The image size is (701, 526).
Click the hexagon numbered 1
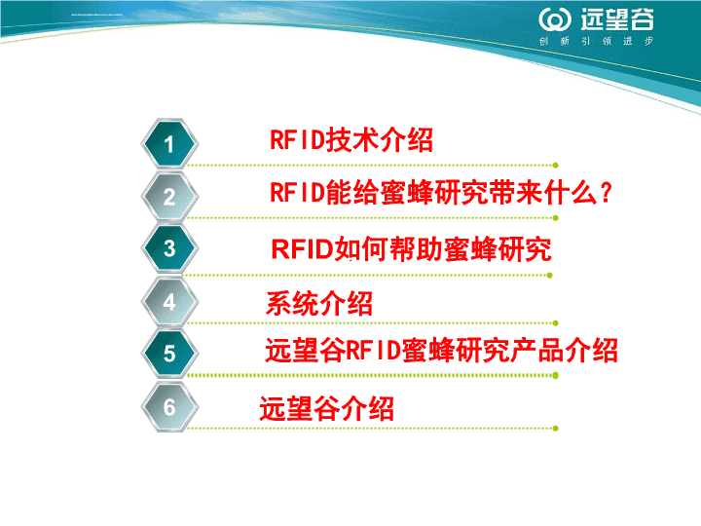[169, 143]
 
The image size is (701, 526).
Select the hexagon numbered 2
[169, 197]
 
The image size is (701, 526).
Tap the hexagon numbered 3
[169, 248]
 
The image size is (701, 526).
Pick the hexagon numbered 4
[169, 301]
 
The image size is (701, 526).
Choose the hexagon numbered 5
[169, 354]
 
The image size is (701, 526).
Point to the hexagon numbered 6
[169, 406]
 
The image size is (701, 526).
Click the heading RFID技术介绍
[351, 139]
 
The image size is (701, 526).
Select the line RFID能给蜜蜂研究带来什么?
[441, 193]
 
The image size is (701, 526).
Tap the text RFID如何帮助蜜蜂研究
[411, 248]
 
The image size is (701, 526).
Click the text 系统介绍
[319, 303]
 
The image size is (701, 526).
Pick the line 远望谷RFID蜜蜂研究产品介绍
[442, 350]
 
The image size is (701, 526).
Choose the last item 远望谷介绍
[327, 408]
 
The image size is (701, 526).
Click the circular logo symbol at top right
[555, 19]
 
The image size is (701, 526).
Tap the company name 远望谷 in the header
[617, 19]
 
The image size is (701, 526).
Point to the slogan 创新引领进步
[596, 41]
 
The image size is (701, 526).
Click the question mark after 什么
[607, 193]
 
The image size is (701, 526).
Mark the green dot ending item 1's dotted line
[555, 166]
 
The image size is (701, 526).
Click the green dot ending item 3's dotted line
[550, 276]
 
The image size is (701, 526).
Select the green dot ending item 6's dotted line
[555, 429]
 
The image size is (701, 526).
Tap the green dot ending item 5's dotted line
[555, 376]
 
